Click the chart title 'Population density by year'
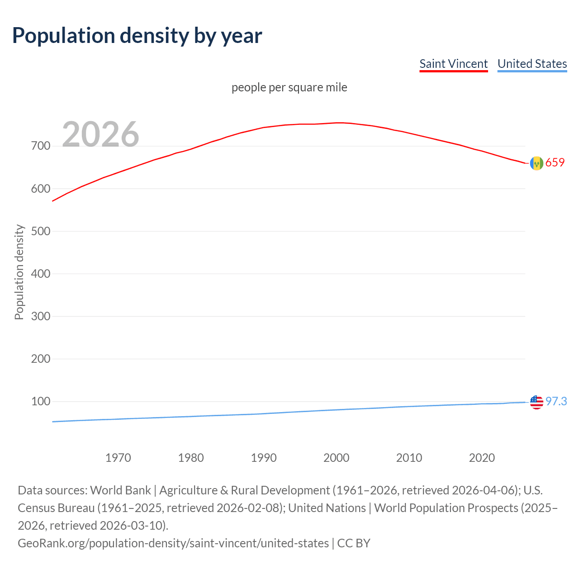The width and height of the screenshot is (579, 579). point(137,36)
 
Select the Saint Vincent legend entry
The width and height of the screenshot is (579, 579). point(453,64)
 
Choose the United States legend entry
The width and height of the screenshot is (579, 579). point(532,64)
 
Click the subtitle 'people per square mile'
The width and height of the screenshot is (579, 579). point(289,87)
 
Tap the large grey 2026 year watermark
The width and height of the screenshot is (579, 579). point(100,134)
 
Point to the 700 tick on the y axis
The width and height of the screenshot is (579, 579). point(40,146)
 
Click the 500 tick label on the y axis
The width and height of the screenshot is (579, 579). point(40,231)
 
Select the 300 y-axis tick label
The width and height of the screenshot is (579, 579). point(40,316)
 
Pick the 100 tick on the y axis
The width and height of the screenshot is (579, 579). point(40,401)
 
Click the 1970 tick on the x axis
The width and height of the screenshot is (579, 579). point(118,458)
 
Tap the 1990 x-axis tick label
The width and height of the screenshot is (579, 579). point(264,458)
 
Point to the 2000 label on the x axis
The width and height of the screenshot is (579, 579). point(336,458)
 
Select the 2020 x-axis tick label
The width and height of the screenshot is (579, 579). point(482,458)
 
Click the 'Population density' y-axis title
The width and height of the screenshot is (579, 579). point(19,272)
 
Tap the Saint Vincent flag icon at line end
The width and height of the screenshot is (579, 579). point(536,163)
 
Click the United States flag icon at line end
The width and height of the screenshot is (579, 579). point(536,402)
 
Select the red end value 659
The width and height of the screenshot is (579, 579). point(555,162)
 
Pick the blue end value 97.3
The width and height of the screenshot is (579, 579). point(556,401)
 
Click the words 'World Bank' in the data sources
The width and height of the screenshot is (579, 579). point(120,490)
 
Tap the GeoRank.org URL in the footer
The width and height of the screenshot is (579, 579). point(173,543)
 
